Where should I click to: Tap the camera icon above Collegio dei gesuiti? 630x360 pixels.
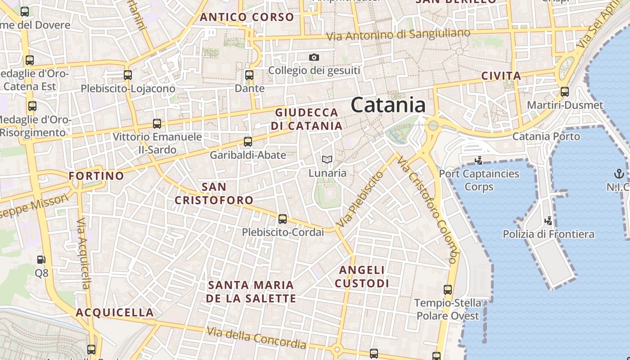coord(314,57)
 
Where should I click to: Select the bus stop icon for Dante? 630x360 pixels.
coord(249,75)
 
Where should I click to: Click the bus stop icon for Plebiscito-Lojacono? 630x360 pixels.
coord(128,75)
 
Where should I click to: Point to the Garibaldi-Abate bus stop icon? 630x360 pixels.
coord(248,142)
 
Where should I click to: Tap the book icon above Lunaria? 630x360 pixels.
coord(327,160)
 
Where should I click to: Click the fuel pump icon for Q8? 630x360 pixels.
coord(41,260)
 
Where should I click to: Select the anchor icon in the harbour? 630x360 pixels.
coord(619,174)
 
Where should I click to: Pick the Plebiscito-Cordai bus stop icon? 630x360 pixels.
coord(283,219)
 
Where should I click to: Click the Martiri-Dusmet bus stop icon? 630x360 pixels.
coord(565,92)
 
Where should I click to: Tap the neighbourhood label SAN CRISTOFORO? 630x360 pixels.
coord(214,193)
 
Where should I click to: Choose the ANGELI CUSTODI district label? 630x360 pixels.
coord(362,277)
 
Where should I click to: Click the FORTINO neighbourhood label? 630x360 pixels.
coord(96,176)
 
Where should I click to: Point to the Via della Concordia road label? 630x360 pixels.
coord(256,338)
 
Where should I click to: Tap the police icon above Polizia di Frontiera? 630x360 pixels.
coord(549,220)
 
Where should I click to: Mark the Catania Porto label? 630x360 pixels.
coord(546,136)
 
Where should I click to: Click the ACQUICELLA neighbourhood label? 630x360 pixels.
coord(115,313)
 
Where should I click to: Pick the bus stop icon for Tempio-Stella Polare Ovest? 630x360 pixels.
coord(448,290)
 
